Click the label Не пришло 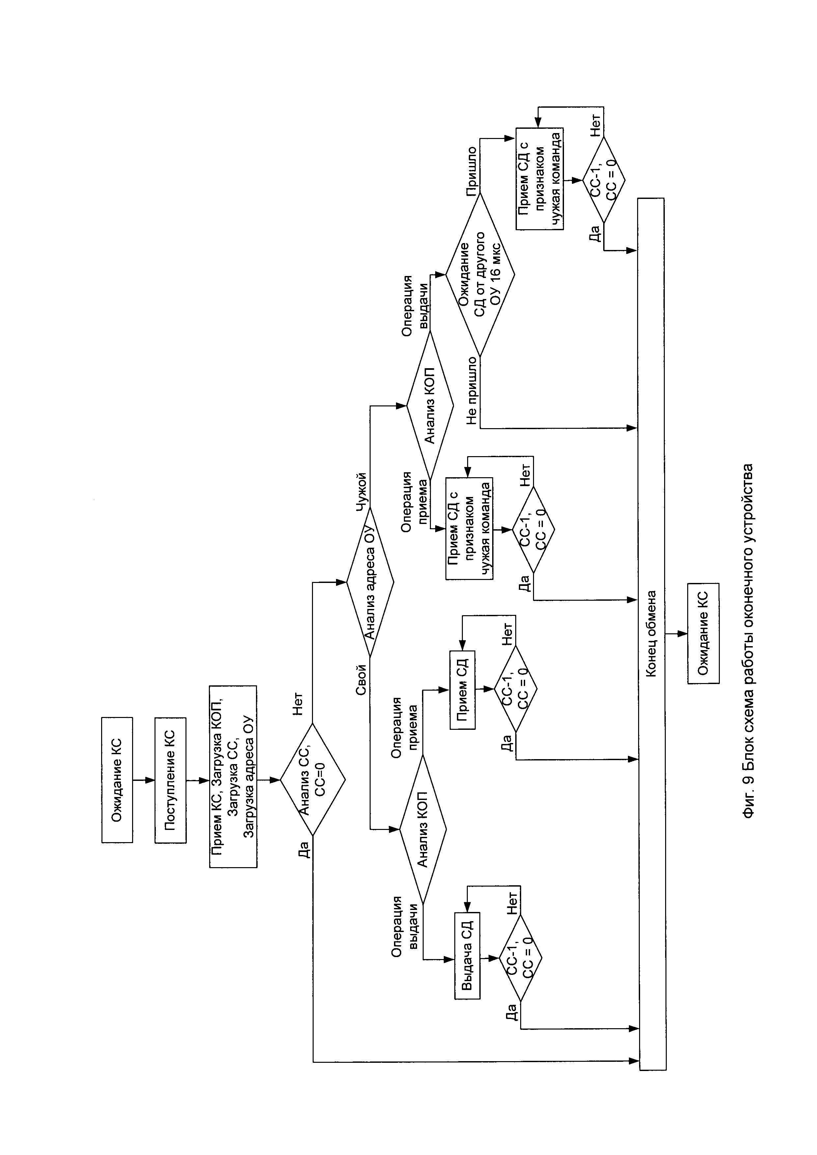471,390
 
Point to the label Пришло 471,171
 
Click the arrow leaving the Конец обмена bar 677,634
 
